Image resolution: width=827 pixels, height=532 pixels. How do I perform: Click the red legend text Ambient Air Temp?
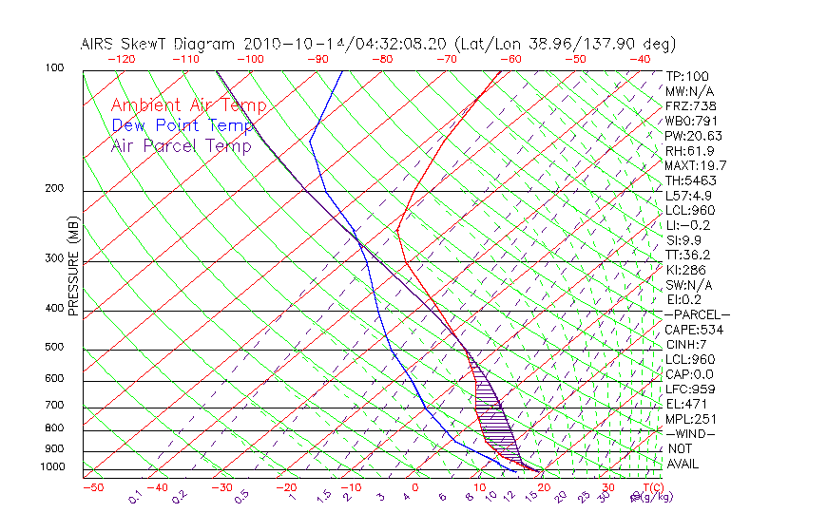188,105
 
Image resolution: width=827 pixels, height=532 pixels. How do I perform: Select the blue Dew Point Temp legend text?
183,125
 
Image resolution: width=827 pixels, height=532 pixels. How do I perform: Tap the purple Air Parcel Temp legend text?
181,145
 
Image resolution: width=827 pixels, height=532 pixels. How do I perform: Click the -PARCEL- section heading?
697,314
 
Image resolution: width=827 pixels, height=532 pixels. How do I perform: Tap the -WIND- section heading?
690,433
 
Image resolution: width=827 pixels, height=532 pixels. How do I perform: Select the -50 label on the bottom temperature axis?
92,487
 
